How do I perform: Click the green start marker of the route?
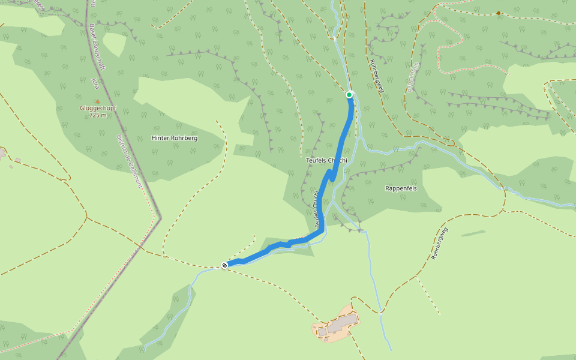(x=349, y=94)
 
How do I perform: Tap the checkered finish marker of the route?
(x=224, y=265)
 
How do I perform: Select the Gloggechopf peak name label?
(x=98, y=109)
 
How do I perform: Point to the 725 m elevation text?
(x=98, y=115)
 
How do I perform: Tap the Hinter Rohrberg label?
(x=175, y=137)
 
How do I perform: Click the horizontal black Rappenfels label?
(x=401, y=188)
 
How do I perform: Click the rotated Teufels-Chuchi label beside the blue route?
(x=316, y=210)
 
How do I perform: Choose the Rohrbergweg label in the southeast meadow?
(x=440, y=244)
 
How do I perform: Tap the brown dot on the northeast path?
(x=498, y=13)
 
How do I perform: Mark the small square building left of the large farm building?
(x=322, y=331)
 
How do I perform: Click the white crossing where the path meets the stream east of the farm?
(x=381, y=312)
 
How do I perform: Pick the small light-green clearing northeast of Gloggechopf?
(x=115, y=44)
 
